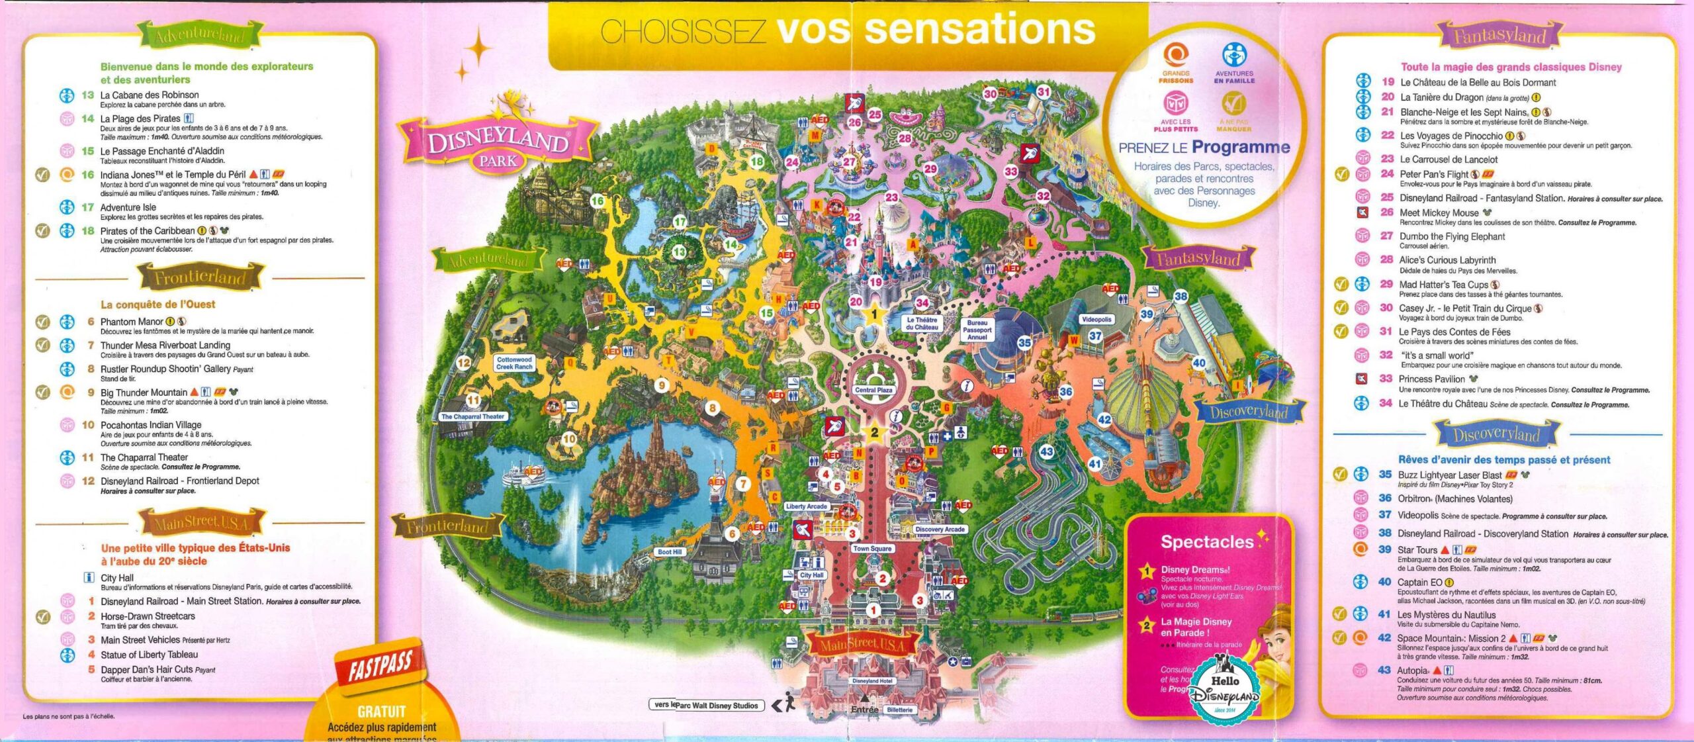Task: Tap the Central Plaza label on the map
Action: (x=873, y=390)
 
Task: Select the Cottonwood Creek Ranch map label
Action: (x=514, y=363)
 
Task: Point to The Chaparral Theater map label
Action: (x=472, y=416)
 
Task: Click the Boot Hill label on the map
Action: (x=669, y=551)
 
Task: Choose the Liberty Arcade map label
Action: (x=806, y=506)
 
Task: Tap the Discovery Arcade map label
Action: (x=940, y=529)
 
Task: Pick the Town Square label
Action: (x=872, y=548)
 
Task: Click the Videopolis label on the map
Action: (x=1096, y=319)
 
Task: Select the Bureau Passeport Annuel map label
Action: (x=977, y=330)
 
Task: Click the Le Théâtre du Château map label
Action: (x=922, y=324)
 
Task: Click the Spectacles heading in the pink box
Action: (x=1207, y=542)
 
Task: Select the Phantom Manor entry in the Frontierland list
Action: (x=132, y=322)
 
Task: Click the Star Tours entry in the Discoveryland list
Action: (x=1417, y=549)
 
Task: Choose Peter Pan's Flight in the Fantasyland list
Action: (x=1433, y=174)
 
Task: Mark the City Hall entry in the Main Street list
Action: (x=117, y=578)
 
